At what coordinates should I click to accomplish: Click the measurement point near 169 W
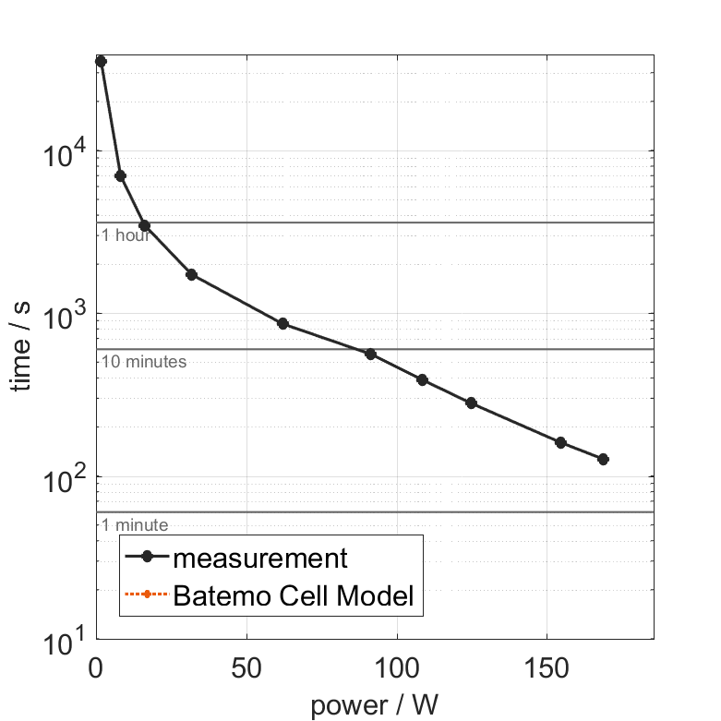click(x=604, y=459)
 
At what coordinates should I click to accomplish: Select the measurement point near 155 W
click(x=560, y=442)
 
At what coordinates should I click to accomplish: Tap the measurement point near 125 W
click(x=471, y=403)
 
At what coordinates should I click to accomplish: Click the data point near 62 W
click(x=282, y=323)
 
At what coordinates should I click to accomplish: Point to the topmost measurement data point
click(x=101, y=61)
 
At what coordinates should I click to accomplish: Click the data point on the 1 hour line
click(x=144, y=225)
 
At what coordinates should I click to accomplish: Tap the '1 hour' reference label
click(x=126, y=235)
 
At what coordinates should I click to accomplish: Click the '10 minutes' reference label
click(x=144, y=362)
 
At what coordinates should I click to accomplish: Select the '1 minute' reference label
click(x=135, y=525)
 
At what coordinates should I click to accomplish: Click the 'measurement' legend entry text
click(x=260, y=558)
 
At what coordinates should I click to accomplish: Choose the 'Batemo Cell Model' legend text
click(x=294, y=596)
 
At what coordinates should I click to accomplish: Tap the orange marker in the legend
click(x=146, y=596)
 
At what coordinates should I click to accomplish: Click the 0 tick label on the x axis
click(x=96, y=667)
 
